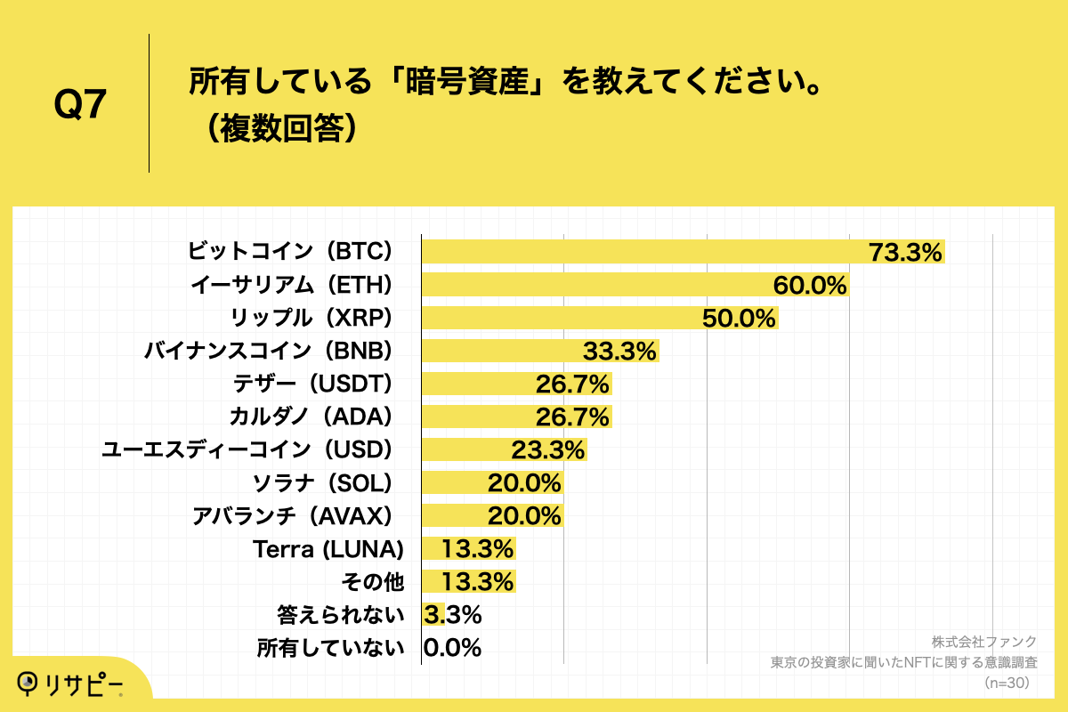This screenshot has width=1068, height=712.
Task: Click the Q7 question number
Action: click(x=80, y=105)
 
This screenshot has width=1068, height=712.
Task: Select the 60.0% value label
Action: click(x=809, y=285)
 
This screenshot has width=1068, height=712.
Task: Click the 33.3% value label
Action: click(x=619, y=351)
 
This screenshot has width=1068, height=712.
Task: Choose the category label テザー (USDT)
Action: click(x=311, y=384)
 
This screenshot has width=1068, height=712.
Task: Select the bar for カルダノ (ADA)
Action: click(x=516, y=417)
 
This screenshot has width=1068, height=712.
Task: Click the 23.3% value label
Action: click(x=547, y=449)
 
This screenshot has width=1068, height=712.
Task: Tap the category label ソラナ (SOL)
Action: click(x=323, y=482)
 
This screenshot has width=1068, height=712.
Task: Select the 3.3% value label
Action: click(x=452, y=614)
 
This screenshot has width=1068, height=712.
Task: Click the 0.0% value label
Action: click(x=452, y=647)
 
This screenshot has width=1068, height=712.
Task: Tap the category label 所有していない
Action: click(x=330, y=647)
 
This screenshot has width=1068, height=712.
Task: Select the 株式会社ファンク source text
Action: click(x=984, y=642)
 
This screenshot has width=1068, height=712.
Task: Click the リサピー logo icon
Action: click(x=28, y=683)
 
